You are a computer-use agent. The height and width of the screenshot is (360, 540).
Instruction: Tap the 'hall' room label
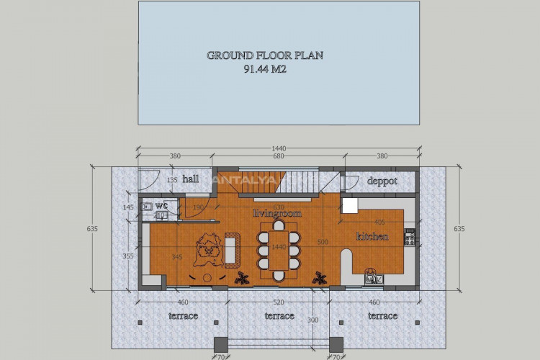coord(190,179)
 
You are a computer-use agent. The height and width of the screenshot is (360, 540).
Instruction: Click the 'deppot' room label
coord(382,181)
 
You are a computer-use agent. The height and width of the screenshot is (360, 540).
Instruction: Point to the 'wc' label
coord(161,205)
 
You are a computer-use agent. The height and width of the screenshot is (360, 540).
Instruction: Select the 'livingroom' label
coord(277,214)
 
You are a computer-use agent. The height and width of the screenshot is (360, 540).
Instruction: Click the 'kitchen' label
coord(372,236)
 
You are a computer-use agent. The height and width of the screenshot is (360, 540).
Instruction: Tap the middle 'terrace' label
coord(279,315)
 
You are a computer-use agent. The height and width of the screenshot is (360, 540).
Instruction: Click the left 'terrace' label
coord(184,315)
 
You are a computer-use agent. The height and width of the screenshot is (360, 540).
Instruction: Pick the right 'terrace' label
coord(382,315)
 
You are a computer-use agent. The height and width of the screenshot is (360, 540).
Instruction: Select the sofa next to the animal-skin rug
coord(232,250)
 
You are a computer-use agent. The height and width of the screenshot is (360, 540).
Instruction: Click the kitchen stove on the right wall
coord(410,235)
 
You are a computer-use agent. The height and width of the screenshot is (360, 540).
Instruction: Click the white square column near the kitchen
coord(350,206)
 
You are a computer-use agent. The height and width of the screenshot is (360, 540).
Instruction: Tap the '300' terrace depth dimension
coord(312,320)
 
